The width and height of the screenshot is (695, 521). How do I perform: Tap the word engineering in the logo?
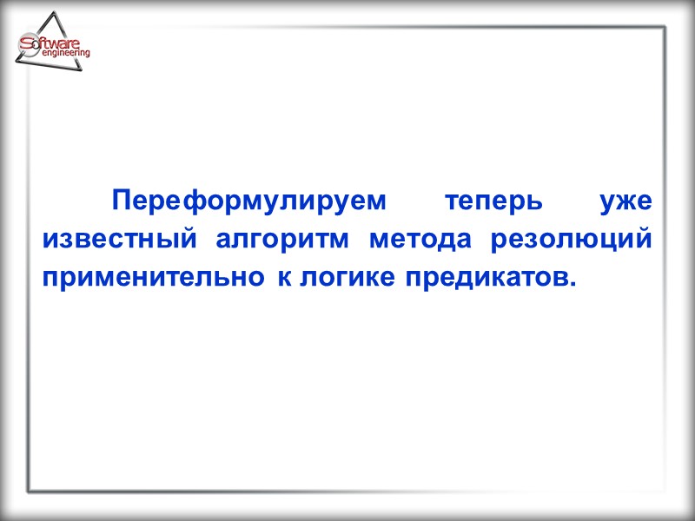pyautogui.click(x=65, y=54)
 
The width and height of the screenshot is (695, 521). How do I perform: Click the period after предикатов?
pyautogui.click(x=573, y=287)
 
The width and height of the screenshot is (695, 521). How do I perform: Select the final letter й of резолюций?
pyautogui.click(x=644, y=241)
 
